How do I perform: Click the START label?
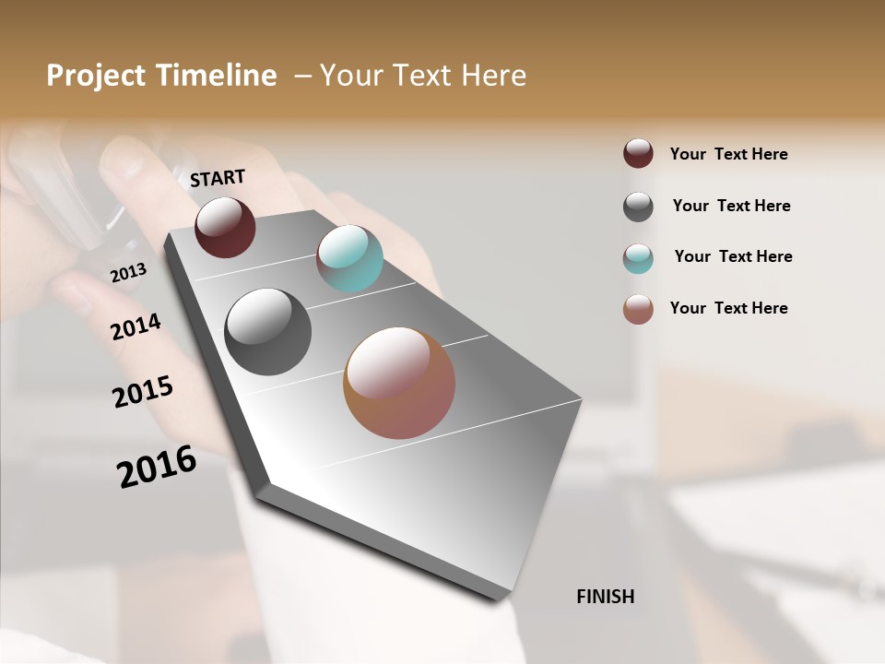point(218,178)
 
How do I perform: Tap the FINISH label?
point(605,597)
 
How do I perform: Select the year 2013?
point(128,273)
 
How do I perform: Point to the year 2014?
point(136,326)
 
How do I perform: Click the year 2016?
point(157,467)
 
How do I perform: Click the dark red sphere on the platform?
point(225,227)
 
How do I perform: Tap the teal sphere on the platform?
point(349,258)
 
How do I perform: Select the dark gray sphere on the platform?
point(268,332)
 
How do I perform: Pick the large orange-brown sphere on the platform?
point(399,383)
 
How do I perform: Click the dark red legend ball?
point(638,154)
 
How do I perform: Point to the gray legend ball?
point(638,207)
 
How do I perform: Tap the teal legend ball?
point(638,258)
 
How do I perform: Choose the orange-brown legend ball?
point(638,309)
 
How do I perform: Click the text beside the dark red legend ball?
point(728,154)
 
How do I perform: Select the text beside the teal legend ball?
point(733,256)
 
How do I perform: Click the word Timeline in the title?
point(216,76)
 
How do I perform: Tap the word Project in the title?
point(95,76)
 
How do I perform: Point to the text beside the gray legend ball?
point(731,206)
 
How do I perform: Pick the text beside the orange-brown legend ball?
point(728,308)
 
